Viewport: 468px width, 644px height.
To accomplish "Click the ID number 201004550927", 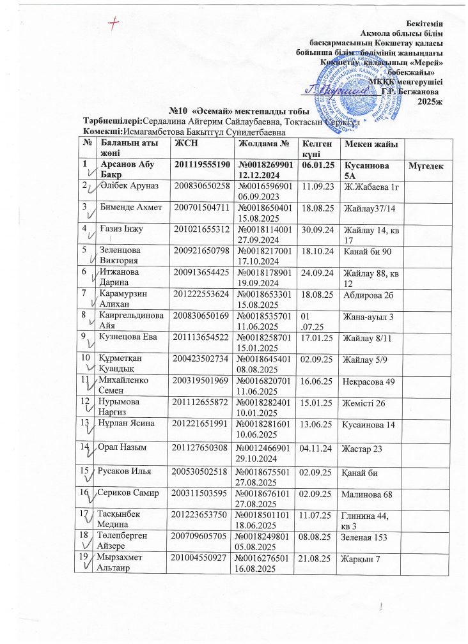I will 199,595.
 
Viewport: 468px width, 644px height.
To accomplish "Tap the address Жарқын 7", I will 362,595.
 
